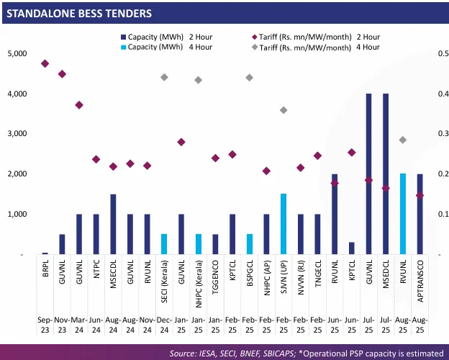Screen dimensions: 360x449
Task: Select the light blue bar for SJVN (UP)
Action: [x=284, y=224]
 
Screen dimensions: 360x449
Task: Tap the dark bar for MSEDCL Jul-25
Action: [x=386, y=174]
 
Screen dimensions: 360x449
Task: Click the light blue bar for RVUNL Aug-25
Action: [x=403, y=214]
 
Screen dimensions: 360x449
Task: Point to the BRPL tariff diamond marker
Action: [x=45, y=63]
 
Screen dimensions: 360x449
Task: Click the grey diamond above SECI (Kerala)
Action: [x=164, y=77]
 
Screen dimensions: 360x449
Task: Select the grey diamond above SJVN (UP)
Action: [x=284, y=110]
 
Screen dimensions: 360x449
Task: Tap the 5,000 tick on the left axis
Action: [x=17, y=54]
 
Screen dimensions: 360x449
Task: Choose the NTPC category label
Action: [x=96, y=275]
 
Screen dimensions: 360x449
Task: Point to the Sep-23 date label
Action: [x=45, y=323]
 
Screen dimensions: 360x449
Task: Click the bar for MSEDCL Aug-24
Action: [x=113, y=224]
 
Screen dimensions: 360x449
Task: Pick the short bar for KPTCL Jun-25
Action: [x=352, y=248]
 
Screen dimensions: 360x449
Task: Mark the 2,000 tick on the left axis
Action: [x=17, y=174]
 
